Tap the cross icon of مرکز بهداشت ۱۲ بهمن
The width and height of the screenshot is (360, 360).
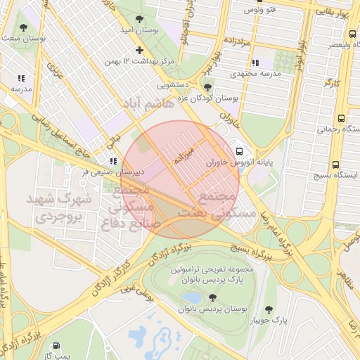click(140, 50)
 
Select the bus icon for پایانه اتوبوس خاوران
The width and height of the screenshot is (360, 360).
click(240, 150)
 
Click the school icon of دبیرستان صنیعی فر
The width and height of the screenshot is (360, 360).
click(113, 160)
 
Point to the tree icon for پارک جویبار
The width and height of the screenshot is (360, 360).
click(269, 309)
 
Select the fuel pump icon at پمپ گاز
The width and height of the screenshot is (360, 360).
click(56, 346)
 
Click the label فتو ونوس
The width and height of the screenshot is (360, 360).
click(260, 10)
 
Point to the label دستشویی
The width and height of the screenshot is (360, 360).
click(172, 85)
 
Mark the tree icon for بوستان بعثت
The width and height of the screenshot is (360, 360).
click(23, 28)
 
